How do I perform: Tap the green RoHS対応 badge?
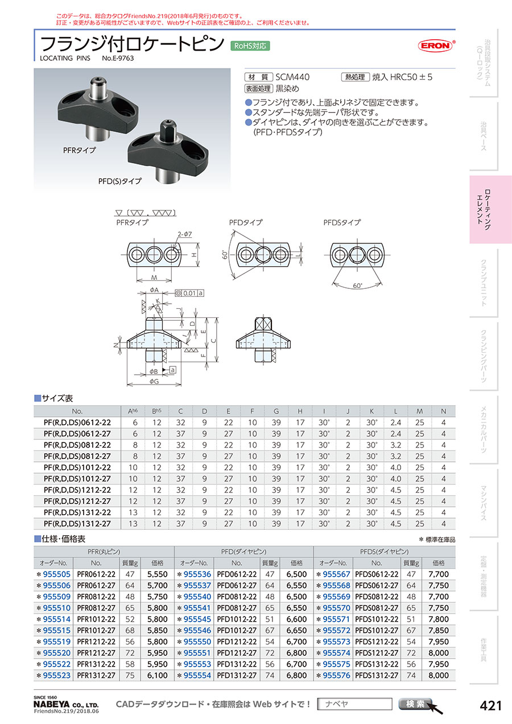click(x=249, y=46)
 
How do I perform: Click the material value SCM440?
click(x=293, y=77)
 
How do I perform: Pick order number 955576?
click(x=336, y=675)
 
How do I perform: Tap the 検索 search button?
click(x=416, y=704)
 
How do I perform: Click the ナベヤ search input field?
click(x=354, y=704)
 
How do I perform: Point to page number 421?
click(x=490, y=706)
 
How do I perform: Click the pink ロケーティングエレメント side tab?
click(x=490, y=209)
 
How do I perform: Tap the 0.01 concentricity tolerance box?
click(x=189, y=293)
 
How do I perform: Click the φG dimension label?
click(x=153, y=381)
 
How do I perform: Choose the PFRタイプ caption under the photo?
click(x=79, y=151)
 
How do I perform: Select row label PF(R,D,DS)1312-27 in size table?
click(x=78, y=524)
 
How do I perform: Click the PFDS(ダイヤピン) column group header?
click(x=384, y=552)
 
